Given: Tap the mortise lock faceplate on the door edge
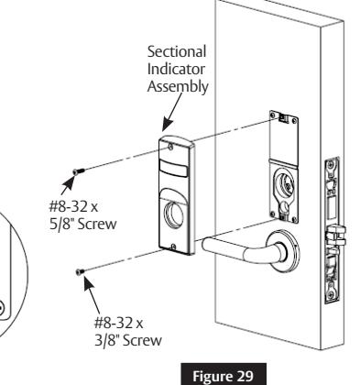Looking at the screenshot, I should click(334, 229).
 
